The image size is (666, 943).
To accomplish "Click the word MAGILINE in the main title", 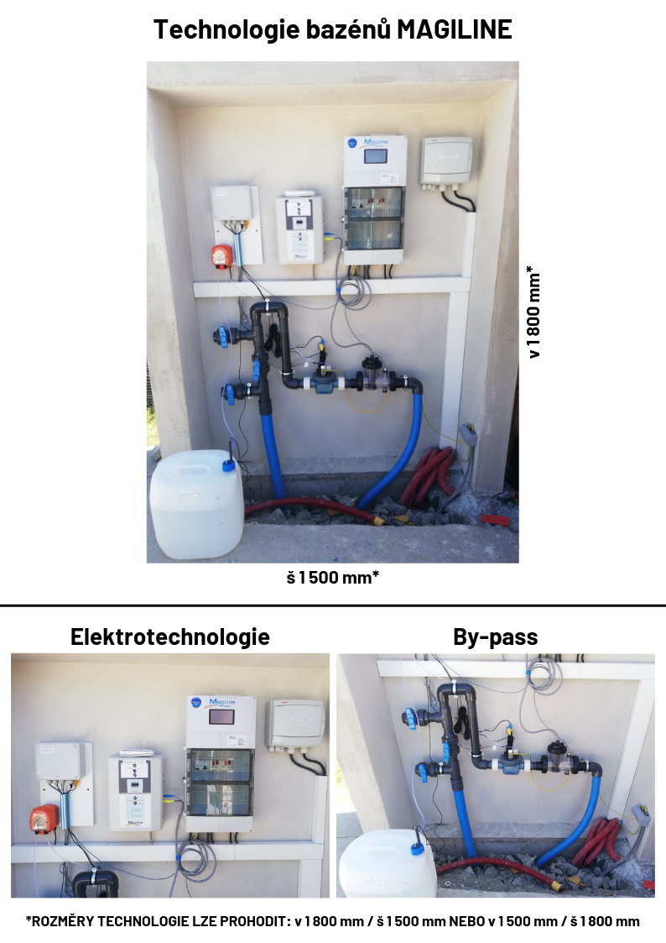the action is pyautogui.click(x=455, y=29).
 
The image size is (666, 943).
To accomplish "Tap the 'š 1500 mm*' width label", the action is pyautogui.click(x=333, y=578).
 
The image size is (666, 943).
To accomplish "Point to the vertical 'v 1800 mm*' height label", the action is pyautogui.click(x=533, y=312).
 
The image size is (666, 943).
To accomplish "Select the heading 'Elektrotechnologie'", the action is pyautogui.click(x=170, y=637).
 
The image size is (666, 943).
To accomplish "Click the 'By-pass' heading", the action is pyautogui.click(x=496, y=637).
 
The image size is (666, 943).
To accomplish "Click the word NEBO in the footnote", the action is pyautogui.click(x=467, y=921).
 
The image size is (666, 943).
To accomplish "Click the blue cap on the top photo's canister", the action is pyautogui.click(x=227, y=464).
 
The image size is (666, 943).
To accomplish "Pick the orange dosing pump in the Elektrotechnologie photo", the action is pyautogui.click(x=45, y=819).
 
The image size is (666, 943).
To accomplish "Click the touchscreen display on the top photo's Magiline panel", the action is pyautogui.click(x=376, y=156).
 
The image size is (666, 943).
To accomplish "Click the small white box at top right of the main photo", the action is pyautogui.click(x=446, y=160).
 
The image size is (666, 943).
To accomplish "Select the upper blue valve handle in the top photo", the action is pyautogui.click(x=224, y=337).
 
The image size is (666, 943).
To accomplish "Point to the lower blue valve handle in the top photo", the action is pyautogui.click(x=230, y=393).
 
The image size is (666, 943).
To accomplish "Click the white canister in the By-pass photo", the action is pyautogui.click(x=388, y=864).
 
